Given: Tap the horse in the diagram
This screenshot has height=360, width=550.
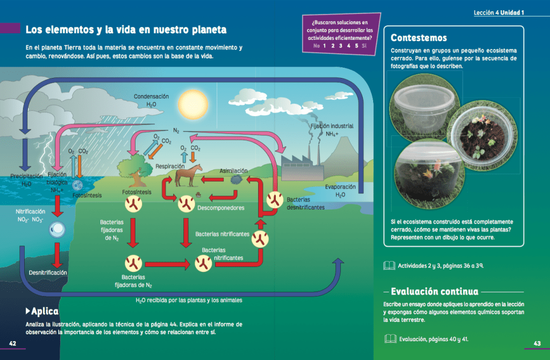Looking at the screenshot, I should pos(191,175).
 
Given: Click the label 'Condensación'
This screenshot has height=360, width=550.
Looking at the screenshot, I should pos(151,97).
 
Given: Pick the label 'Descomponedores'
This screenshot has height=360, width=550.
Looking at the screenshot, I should pos(221,207).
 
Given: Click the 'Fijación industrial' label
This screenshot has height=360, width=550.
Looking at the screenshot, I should pos(332,126).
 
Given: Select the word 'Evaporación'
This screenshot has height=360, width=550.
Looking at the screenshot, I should pos(340,187).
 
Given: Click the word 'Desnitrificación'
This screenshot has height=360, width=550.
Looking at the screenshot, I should pos(48,273).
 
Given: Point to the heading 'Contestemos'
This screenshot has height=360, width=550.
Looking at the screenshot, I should pos(419,38).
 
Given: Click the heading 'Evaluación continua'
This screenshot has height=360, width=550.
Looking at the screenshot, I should pos(434,292).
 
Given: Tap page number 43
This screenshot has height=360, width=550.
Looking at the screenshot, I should pos(537,343).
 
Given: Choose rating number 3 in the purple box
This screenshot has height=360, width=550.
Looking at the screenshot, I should pos(340,46).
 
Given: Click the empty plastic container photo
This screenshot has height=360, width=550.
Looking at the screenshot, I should pos(423,106).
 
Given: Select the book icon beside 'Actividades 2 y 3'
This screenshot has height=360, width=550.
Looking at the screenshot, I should pos(389,265).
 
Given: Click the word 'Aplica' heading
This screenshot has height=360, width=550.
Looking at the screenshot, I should pos(45,312).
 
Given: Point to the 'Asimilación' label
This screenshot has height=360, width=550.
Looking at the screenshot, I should pos(233,171).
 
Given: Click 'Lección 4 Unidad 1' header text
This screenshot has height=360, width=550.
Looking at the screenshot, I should pos(498,12).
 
